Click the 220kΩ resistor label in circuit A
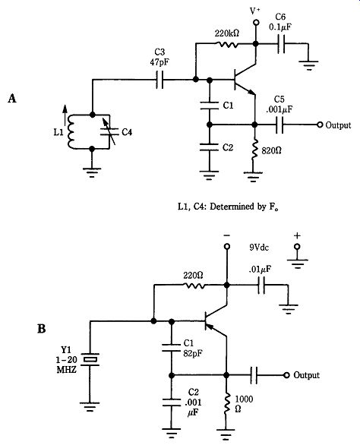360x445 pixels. (226, 33)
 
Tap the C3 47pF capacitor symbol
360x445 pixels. (159, 80)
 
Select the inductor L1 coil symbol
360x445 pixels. (71, 131)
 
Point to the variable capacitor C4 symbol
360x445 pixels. (109, 132)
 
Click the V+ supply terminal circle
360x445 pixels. (256, 23)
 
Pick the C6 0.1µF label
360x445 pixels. (280, 21)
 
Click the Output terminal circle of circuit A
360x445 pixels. (320, 125)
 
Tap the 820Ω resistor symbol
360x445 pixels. (254, 148)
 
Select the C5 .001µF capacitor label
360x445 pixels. (279, 105)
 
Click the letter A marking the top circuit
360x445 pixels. (12, 99)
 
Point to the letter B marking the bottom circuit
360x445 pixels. (42, 329)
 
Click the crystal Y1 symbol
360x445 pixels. (90, 360)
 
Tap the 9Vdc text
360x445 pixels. (259, 248)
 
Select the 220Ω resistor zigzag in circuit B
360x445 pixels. (194, 285)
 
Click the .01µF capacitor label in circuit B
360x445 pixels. (260, 269)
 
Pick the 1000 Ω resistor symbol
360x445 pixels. (226, 403)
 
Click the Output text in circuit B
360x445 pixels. (306, 375)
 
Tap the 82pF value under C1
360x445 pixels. (193, 354)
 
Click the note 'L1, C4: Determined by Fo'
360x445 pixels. (228, 207)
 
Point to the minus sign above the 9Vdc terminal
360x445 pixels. (226, 235)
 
